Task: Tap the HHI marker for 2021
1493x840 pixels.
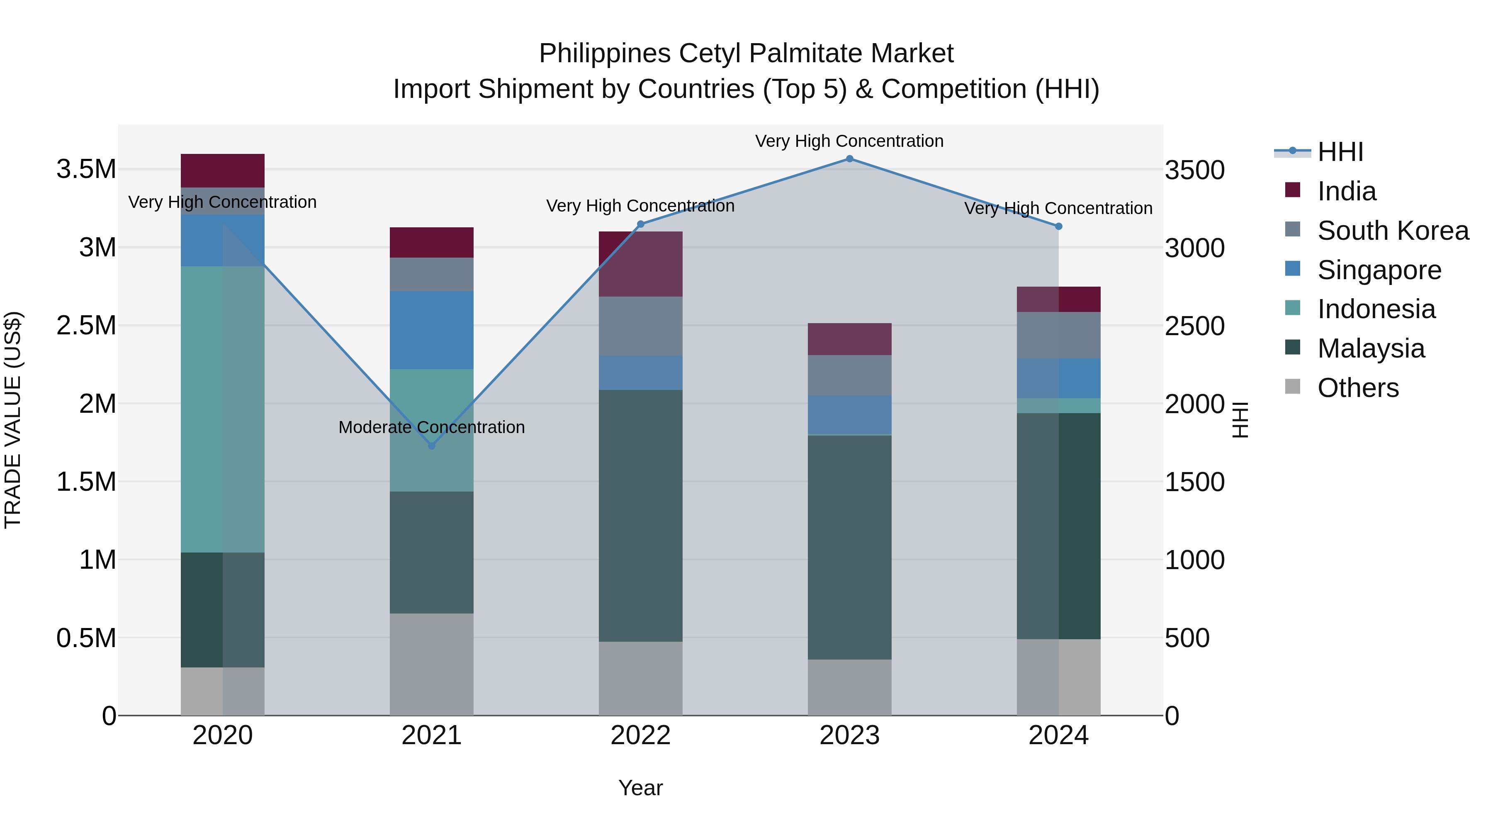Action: click(x=431, y=446)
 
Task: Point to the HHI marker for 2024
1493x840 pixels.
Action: click(x=1058, y=226)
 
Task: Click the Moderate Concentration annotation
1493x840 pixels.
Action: click(x=431, y=427)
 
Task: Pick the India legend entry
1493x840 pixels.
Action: click(x=1346, y=191)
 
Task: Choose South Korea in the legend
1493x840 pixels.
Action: click(x=1393, y=231)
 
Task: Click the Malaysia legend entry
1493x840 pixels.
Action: click(x=1371, y=348)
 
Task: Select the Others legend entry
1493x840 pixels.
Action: click(x=1358, y=388)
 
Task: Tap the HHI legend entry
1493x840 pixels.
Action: click(x=1340, y=152)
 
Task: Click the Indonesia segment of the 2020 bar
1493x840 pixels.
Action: click(x=223, y=409)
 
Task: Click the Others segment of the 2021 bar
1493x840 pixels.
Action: click(x=431, y=665)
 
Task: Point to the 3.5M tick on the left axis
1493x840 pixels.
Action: click(x=86, y=169)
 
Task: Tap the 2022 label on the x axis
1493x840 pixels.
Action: click(x=640, y=735)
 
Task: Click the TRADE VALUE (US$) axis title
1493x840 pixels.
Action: click(x=13, y=420)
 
